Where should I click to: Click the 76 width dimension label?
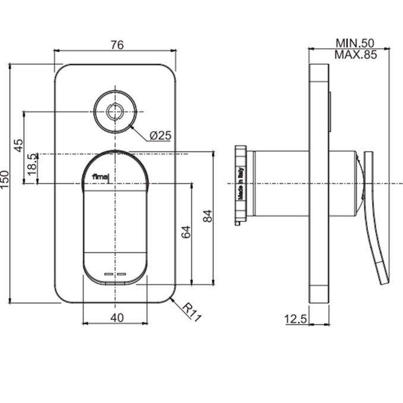click(x=116, y=44)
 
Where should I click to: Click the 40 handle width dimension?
click(x=117, y=318)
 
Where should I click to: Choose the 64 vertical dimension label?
click(x=186, y=232)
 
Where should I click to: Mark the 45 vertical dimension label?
click(x=18, y=144)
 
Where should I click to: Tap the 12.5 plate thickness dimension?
click(x=295, y=319)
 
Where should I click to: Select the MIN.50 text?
click(x=356, y=43)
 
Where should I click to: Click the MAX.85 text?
click(x=356, y=55)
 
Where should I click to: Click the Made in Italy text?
click(x=242, y=185)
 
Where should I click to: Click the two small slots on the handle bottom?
click(x=115, y=274)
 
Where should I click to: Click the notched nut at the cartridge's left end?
click(x=241, y=185)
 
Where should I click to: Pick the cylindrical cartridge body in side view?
click(x=279, y=183)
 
